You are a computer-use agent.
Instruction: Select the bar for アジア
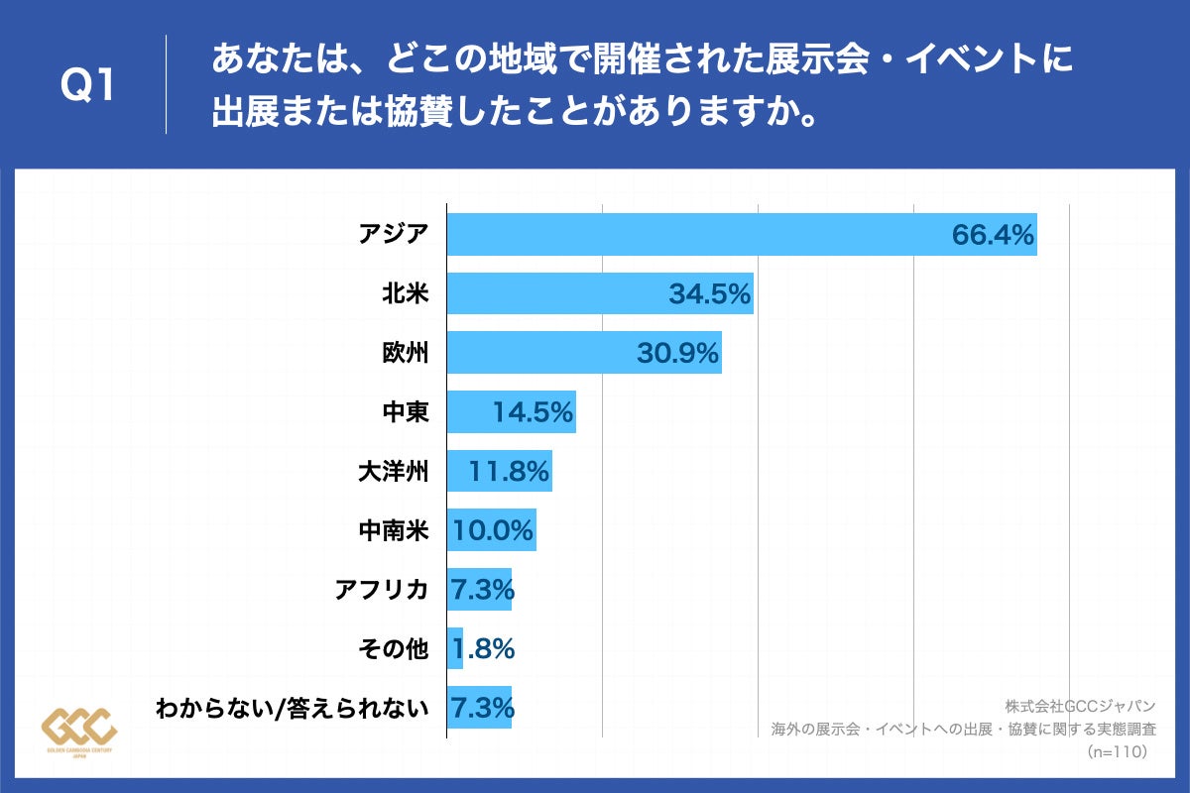point(694,235)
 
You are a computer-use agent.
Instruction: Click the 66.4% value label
point(993,235)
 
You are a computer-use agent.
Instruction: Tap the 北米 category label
point(406,293)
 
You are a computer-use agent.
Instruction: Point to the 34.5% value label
point(709,293)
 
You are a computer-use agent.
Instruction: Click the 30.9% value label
point(677,353)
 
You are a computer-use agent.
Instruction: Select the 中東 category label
point(406,411)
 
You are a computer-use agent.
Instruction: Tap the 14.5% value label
point(533,412)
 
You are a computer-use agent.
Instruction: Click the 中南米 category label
point(394,530)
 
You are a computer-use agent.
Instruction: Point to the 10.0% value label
point(493,530)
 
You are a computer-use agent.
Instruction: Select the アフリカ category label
point(382,590)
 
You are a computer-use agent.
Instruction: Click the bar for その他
point(455,648)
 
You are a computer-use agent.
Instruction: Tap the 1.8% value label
point(483,649)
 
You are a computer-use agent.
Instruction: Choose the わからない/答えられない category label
point(293,708)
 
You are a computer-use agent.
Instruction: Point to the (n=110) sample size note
point(1117,752)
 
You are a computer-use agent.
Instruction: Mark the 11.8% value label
point(509,472)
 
